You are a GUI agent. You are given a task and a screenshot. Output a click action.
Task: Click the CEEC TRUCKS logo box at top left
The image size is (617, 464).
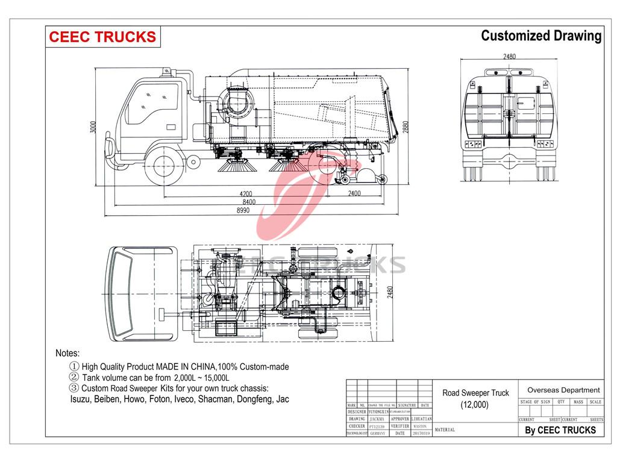point(102,37)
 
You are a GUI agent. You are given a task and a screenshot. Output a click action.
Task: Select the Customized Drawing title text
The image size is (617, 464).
point(540,36)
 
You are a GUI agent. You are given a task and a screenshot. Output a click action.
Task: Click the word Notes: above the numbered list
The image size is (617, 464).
point(67,353)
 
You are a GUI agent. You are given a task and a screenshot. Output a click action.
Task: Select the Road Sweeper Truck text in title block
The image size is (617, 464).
point(475,393)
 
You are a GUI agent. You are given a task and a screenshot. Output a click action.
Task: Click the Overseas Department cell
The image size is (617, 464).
point(563,390)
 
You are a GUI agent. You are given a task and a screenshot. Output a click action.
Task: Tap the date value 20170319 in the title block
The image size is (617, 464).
point(421,433)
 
